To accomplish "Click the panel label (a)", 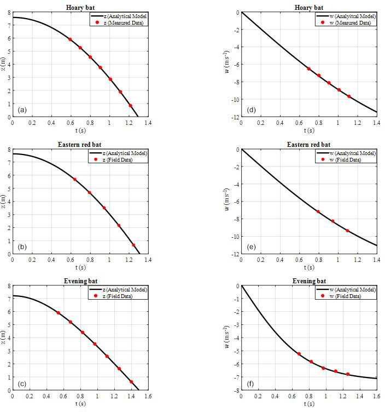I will click(22, 110).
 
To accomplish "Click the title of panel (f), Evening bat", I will click(308, 281).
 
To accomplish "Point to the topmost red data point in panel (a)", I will click(70, 39).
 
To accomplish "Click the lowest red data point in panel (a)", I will click(130, 106).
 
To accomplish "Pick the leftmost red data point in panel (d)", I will click(308, 69).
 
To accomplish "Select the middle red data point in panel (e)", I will click(332, 221).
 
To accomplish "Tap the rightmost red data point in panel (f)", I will click(348, 374).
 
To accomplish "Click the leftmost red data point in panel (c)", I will click(58, 313).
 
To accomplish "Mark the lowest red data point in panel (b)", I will click(133, 245).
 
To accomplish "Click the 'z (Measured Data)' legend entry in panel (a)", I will click(124, 22).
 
